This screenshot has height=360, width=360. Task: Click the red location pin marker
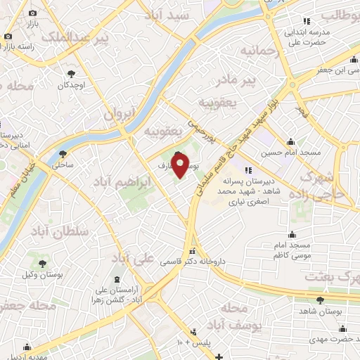pos(180,165)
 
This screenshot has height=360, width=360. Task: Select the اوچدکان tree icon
pos(71,73)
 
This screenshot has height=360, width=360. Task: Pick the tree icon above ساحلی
pos(64,153)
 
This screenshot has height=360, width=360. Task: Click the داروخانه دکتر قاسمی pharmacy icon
pos(192,251)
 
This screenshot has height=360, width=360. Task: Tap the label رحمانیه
pos(259,51)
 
